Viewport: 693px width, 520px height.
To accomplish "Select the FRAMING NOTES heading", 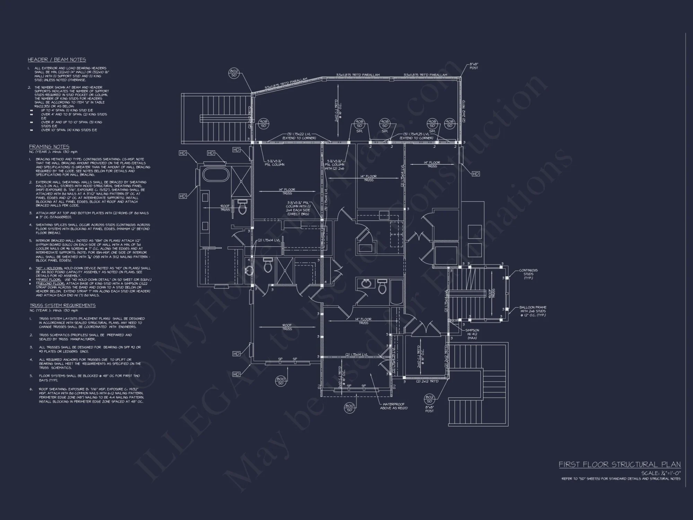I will pyautogui.click(x=49, y=147).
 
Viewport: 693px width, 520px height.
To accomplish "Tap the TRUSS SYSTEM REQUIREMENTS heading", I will pyautogui.click(x=62, y=305).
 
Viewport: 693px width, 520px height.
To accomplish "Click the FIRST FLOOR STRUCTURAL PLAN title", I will pyautogui.click(x=620, y=465).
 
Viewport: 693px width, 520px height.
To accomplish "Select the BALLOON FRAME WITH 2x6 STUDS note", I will pyautogui.click(x=533, y=311).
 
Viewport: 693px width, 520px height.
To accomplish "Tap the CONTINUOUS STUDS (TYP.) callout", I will pyautogui.click(x=528, y=274).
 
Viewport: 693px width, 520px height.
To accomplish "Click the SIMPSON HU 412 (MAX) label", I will pyautogui.click(x=472, y=334).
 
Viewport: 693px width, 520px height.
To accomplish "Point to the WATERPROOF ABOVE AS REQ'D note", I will pyautogui.click(x=394, y=406).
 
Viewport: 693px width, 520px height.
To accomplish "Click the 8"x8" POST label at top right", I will pyautogui.click(x=474, y=66).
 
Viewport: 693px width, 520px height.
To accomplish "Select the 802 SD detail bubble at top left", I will pyautogui.click(x=234, y=73).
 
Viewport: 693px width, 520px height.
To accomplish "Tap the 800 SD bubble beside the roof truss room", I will pyautogui.click(x=281, y=381).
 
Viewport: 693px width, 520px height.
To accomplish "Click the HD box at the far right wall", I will pyautogui.click(x=475, y=174).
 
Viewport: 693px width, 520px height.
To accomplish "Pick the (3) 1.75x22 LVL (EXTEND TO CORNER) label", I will pyautogui.click(x=299, y=136).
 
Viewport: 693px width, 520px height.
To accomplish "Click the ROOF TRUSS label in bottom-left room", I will pyautogui.click(x=287, y=327).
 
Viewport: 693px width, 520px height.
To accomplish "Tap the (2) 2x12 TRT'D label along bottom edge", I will pyautogui.click(x=427, y=381).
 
